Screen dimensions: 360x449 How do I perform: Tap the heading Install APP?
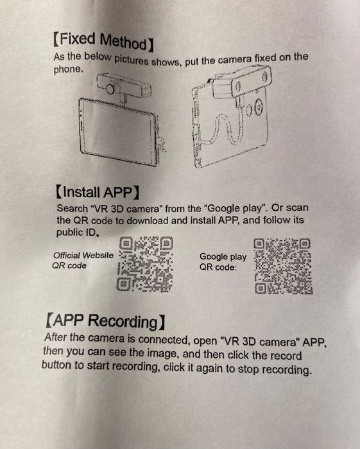coord(98,192)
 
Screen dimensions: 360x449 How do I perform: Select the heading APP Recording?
coord(105,321)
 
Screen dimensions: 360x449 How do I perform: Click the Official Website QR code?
coord(145,264)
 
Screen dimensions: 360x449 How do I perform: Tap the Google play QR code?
coord(283,267)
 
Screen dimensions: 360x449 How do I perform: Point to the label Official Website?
coord(83,255)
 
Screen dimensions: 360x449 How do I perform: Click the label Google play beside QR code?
coord(223,256)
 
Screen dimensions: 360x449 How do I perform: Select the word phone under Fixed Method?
coord(67,69)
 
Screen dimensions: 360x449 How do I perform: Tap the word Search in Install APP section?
coord(72,208)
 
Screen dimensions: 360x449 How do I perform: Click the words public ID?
coord(76,233)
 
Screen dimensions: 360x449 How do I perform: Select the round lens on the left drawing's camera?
coord(110,89)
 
